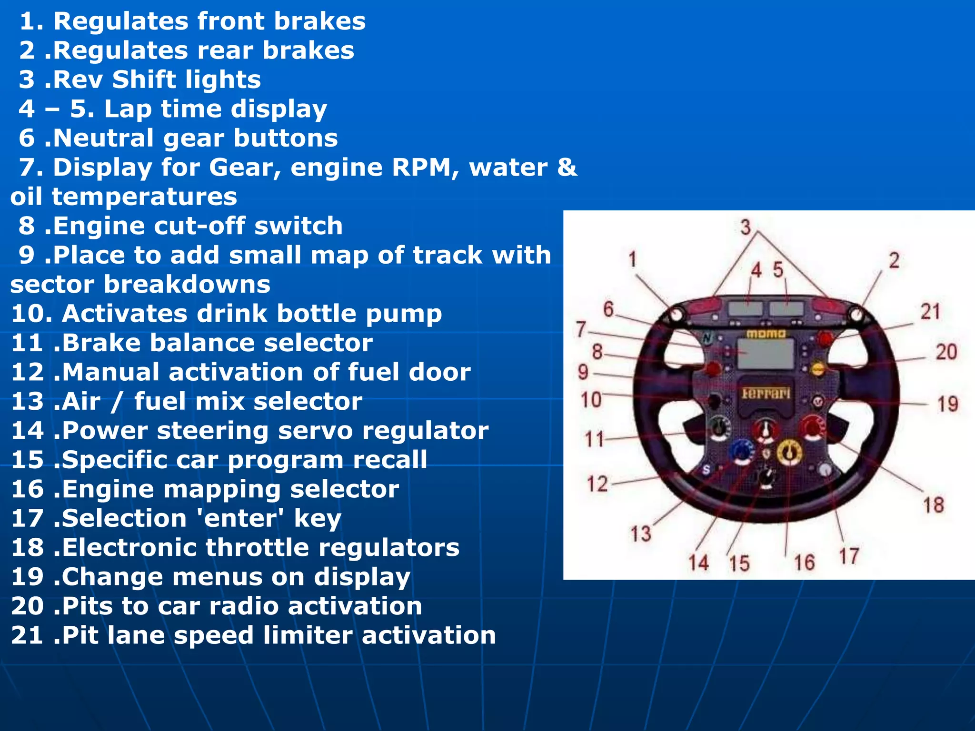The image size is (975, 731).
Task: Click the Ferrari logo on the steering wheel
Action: click(766, 394)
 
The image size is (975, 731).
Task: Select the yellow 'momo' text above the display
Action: click(766, 334)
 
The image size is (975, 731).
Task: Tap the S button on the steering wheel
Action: click(706, 470)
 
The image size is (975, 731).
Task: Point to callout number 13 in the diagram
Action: click(641, 533)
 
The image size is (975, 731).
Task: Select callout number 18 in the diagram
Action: click(934, 505)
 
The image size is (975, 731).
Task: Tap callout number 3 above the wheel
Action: click(746, 227)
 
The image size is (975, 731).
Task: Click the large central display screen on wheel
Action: click(766, 354)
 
